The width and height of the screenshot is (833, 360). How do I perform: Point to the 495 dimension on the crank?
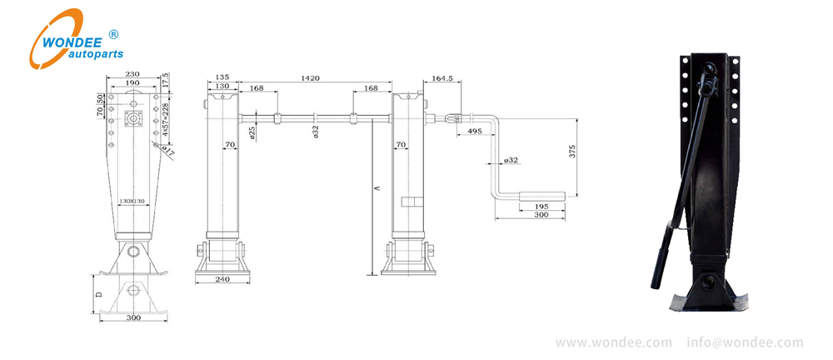[473, 131]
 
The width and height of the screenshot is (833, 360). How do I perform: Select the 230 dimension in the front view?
[133, 75]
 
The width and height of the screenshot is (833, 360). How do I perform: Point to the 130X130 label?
[132, 202]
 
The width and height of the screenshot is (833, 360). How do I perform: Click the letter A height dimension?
[377, 189]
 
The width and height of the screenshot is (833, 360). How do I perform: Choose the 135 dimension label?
[222, 77]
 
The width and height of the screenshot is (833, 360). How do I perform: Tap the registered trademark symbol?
[114, 33]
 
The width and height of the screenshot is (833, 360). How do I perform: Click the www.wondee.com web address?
[613, 342]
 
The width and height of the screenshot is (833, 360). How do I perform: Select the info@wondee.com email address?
[745, 342]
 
